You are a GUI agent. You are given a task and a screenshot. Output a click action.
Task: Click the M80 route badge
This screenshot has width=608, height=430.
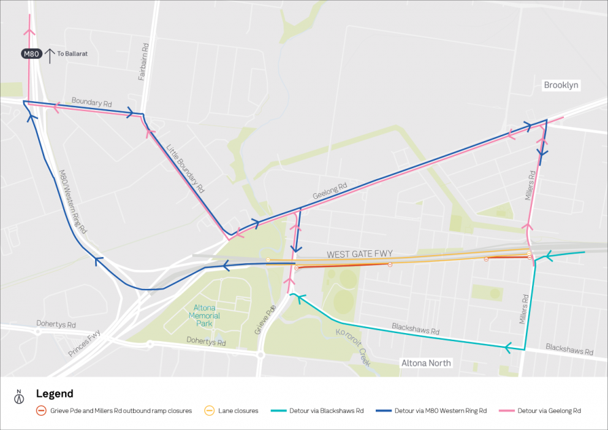[31, 54]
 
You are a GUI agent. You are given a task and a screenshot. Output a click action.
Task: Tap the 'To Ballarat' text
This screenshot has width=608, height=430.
[72, 54]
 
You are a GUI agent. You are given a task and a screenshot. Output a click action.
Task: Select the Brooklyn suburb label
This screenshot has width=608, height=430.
[561, 85]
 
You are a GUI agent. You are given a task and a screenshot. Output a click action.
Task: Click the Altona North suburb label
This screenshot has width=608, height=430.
[426, 363]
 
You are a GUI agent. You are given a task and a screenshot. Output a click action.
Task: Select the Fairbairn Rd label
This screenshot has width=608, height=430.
[143, 61]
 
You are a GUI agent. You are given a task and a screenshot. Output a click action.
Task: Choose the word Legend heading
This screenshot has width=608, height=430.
[55, 394]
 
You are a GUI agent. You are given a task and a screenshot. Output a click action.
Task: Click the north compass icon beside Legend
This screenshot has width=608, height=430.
[19, 397]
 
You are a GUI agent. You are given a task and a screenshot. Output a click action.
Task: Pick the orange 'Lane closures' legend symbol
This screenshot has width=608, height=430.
[209, 410]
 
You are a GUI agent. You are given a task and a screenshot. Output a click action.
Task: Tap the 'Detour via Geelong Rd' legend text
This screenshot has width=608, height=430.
[549, 410]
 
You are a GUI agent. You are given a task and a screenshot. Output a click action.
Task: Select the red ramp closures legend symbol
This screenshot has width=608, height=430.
[41, 410]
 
